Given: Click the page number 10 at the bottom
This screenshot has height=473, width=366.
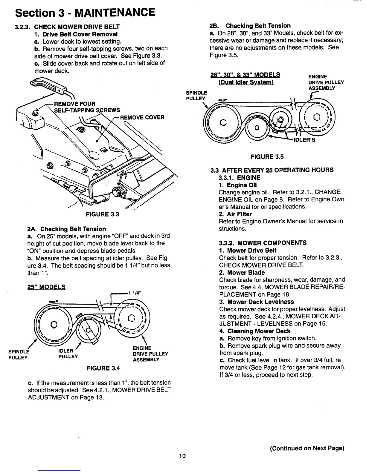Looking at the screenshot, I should (182, 456).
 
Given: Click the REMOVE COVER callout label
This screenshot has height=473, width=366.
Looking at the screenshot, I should (142, 117).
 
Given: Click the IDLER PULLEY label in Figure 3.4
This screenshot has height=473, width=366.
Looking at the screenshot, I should (68, 353).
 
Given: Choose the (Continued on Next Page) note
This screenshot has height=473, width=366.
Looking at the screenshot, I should (307, 448).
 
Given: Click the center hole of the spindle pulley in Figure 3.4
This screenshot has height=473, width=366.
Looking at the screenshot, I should (54, 324).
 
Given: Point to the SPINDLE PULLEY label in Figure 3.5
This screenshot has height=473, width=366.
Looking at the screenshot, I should (196, 96).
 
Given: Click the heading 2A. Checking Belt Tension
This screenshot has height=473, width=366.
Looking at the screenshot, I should (66, 229).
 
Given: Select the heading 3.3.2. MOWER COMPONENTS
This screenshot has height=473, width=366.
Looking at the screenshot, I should (263, 243).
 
